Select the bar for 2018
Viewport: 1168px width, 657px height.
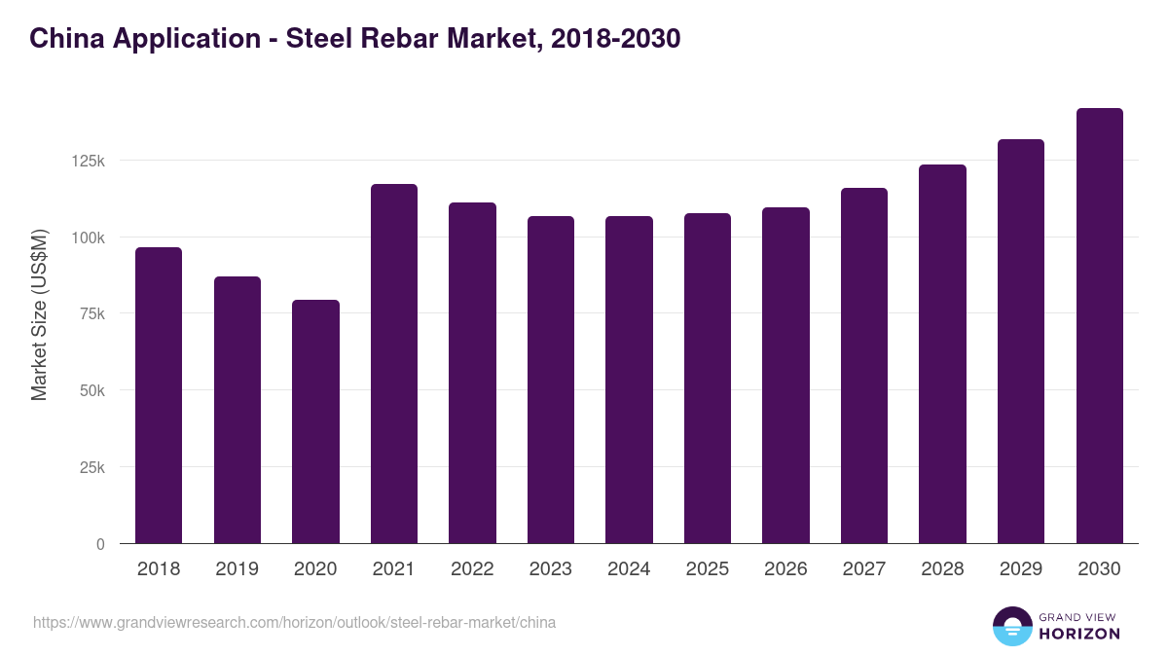[159, 395]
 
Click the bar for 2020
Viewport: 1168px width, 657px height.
[315, 421]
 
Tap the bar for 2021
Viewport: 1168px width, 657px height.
[394, 363]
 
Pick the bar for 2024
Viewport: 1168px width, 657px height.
[629, 380]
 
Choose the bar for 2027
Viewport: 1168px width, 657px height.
[864, 365]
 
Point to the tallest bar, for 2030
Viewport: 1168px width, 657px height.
[1099, 325]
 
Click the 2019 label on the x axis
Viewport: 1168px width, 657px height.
[237, 569]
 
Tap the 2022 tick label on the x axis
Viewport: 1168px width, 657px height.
[472, 569]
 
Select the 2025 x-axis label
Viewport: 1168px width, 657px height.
[708, 569]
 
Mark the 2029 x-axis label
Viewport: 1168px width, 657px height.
[1021, 569]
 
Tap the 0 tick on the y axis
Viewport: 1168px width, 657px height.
[99, 545]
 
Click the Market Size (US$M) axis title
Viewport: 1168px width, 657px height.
[39, 313]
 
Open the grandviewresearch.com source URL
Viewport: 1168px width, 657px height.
[294, 622]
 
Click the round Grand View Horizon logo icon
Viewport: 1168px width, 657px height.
[1011, 626]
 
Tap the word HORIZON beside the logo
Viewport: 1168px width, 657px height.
[1079, 634]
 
